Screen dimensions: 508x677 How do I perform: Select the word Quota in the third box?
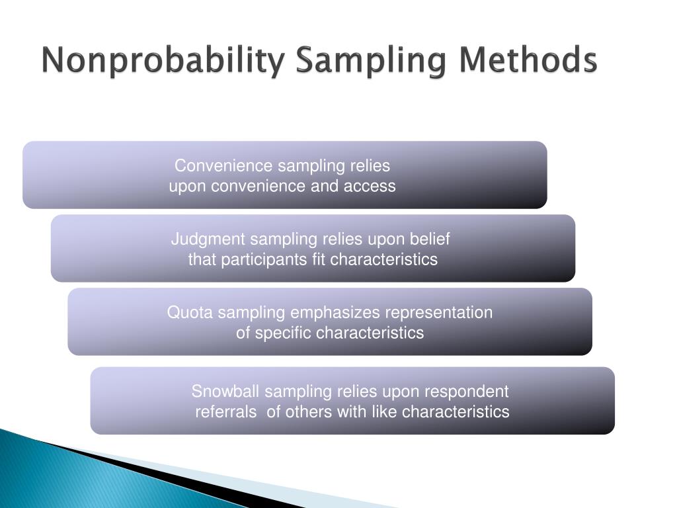pos(186,312)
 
